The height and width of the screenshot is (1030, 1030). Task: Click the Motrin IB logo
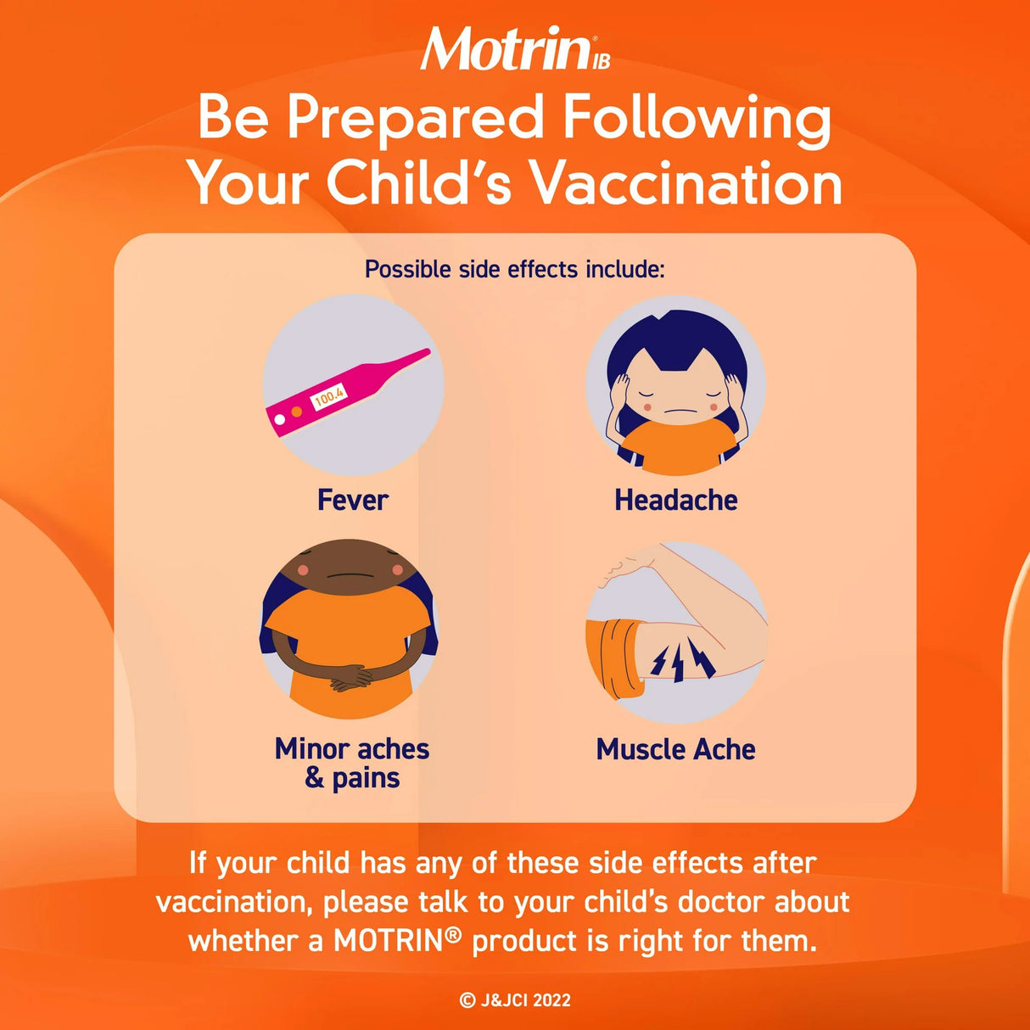(x=514, y=49)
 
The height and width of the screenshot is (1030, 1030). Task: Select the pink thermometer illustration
(x=347, y=391)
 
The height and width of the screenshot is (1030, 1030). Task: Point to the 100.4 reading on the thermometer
(x=329, y=396)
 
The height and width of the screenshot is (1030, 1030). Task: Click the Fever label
(x=352, y=500)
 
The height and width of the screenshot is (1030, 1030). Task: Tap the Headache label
(x=675, y=500)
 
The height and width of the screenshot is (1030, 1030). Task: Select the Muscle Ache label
(x=675, y=749)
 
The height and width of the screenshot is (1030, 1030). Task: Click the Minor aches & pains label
(x=352, y=763)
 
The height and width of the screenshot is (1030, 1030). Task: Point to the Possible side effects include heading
(x=514, y=269)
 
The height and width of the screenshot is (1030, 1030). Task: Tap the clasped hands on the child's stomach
(x=351, y=678)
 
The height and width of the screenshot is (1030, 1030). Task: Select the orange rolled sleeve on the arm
(x=613, y=657)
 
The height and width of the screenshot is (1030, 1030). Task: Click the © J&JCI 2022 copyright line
(x=515, y=1000)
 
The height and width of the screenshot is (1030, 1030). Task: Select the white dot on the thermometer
(x=279, y=419)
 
